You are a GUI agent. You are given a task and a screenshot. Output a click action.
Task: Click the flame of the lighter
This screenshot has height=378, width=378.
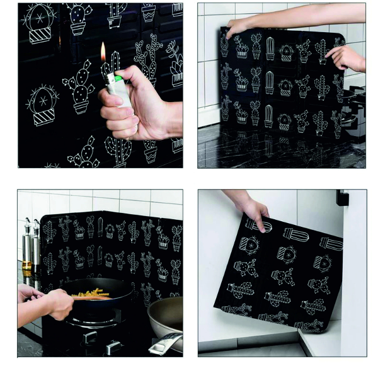[103, 52]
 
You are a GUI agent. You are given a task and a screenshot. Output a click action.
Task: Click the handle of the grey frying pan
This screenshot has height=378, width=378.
[165, 344]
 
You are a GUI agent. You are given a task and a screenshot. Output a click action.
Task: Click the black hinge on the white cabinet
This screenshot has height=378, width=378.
[342, 198]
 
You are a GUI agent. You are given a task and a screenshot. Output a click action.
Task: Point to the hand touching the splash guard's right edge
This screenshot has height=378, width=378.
[348, 59]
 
